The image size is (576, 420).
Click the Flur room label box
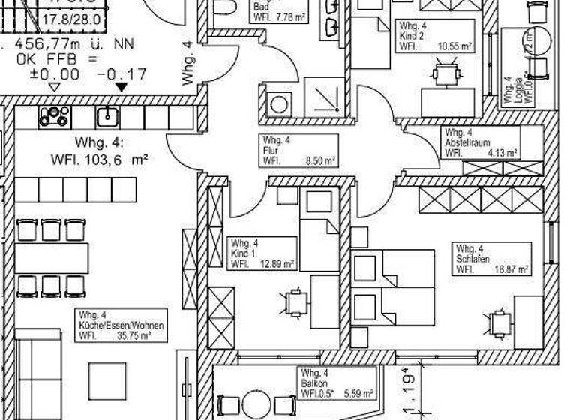pyautogui.click(x=298, y=150)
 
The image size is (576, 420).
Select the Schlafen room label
pyautogui.click(x=491, y=259)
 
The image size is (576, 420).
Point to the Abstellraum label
pyautogui.click(x=481, y=142)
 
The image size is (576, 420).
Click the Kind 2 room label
pyautogui.click(x=436, y=35)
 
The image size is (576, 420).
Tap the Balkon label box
pyautogui.click(x=337, y=382)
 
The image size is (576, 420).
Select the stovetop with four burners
pyautogui.click(x=54, y=115)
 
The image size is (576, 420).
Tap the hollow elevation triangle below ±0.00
pyautogui.click(x=53, y=87)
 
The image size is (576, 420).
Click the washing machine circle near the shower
pyautogui.click(x=279, y=103)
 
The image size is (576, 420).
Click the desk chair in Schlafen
pyautogui.click(x=499, y=323)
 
